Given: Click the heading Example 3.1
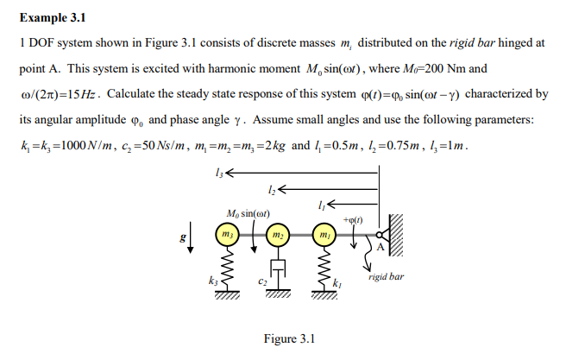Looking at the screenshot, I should point(52,16).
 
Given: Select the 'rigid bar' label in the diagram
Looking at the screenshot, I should point(385,278).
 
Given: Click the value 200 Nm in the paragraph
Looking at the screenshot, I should point(499,68).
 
